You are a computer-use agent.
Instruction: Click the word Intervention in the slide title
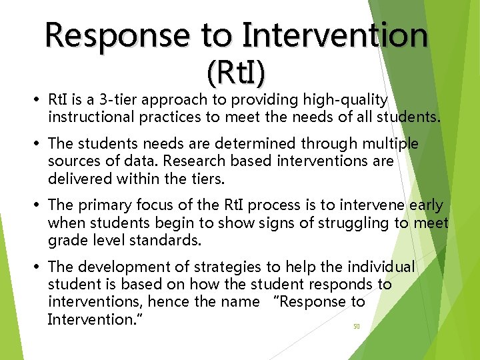[335, 35]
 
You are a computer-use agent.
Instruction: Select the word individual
[381, 267]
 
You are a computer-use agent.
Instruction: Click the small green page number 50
[357, 327]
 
